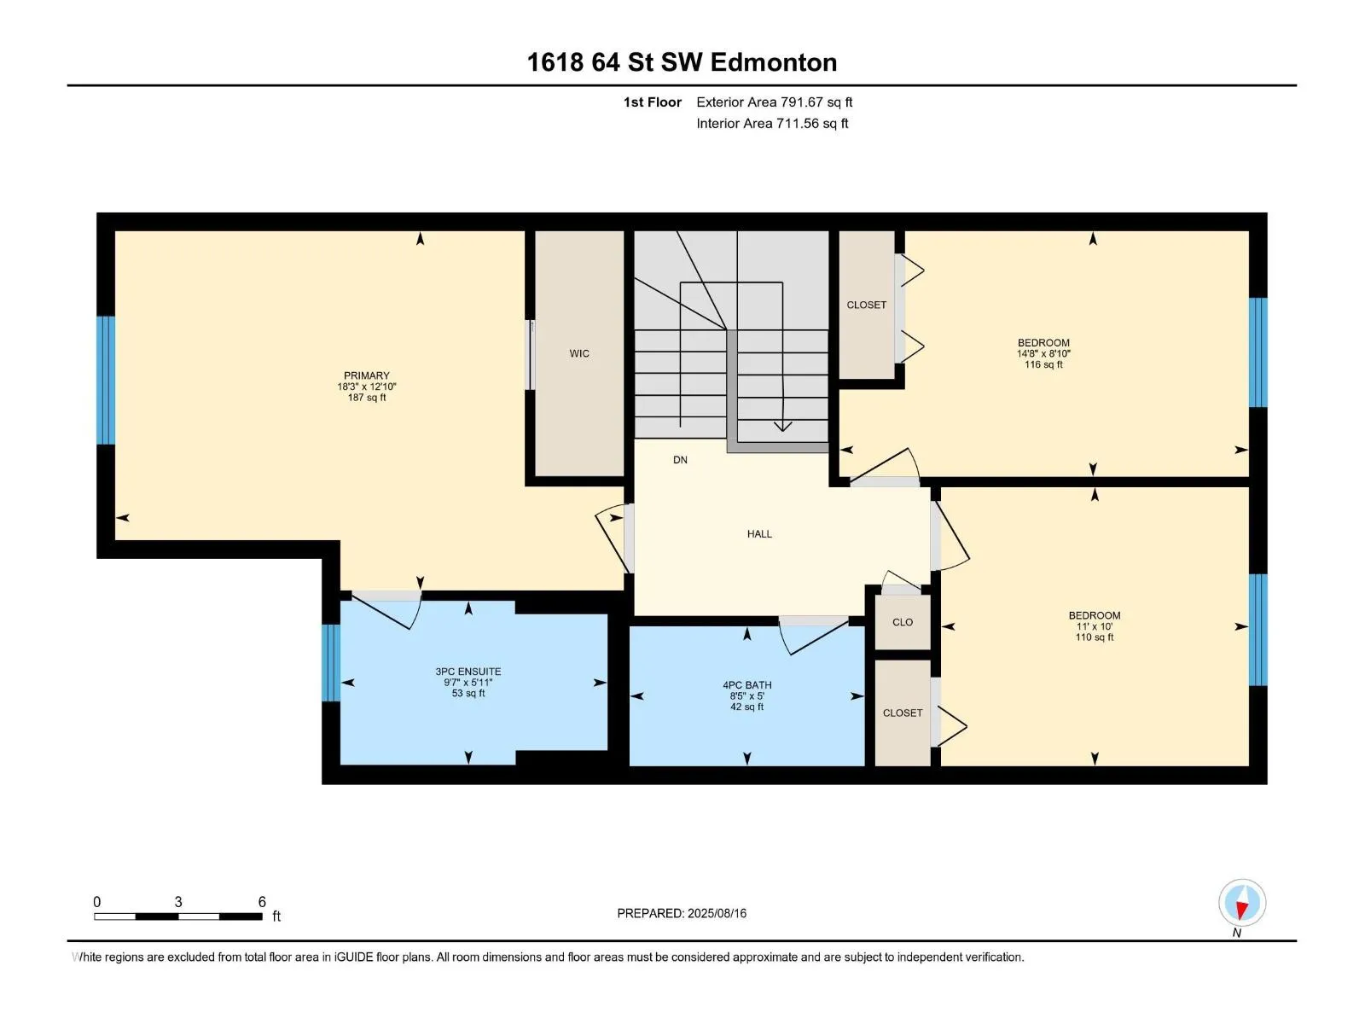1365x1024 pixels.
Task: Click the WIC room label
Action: [579, 354]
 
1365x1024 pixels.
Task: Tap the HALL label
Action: [759, 534]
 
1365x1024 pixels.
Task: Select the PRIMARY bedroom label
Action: [366, 375]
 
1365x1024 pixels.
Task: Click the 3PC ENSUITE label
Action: [468, 672]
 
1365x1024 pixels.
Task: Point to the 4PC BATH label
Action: [746, 685]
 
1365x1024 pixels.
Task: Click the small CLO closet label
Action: [903, 622]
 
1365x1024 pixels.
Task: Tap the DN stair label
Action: [680, 460]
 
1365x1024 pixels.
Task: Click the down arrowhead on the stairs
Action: [782, 427]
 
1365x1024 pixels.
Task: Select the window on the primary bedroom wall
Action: [106, 381]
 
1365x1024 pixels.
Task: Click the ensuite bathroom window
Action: [331, 663]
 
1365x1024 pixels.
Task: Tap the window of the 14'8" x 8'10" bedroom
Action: [1258, 352]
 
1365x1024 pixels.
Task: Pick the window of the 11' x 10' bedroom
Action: [1258, 630]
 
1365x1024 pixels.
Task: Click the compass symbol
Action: [1242, 903]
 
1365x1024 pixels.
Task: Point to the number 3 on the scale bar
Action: [177, 901]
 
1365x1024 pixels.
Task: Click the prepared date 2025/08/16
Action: [717, 913]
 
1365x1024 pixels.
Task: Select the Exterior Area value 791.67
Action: [802, 102]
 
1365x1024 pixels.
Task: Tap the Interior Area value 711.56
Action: [797, 123]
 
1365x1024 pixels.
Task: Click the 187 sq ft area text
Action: [366, 398]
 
